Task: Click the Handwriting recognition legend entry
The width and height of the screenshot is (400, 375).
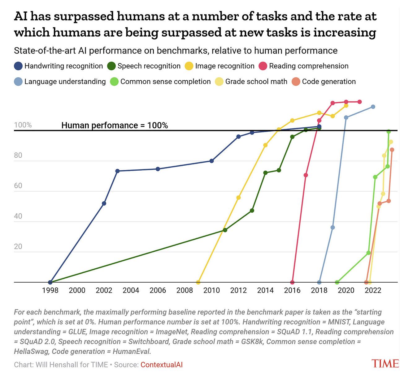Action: (x=59, y=66)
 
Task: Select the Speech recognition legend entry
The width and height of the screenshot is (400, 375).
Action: (x=144, y=66)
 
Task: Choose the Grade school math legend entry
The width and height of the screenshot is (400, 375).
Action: (x=251, y=82)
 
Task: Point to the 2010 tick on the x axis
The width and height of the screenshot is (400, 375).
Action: (x=212, y=290)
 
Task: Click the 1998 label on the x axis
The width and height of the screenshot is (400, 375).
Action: (x=50, y=290)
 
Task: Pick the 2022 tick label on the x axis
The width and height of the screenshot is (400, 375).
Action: (x=373, y=290)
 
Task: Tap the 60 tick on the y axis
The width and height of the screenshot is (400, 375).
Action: (x=18, y=186)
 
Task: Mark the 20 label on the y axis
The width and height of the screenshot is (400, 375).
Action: (x=18, y=246)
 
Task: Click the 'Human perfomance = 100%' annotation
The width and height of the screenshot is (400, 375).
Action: (x=115, y=125)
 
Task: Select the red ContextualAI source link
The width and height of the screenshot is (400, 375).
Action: (x=162, y=365)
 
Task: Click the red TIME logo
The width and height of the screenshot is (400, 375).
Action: (x=385, y=364)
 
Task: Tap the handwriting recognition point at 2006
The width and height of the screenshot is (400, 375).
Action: (x=158, y=169)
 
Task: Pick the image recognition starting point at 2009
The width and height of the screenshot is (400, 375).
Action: (x=198, y=282)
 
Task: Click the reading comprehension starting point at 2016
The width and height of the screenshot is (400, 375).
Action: (x=292, y=282)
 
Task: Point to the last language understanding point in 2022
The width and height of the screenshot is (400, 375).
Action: (x=373, y=107)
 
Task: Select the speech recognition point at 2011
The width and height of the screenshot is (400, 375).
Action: (x=225, y=230)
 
